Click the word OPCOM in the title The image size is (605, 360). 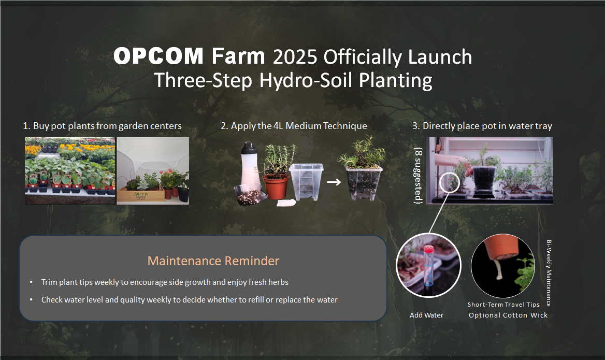coord(158,56)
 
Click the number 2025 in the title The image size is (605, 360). coord(295,57)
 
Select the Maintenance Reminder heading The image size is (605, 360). coord(213,261)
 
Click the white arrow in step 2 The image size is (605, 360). coord(334,182)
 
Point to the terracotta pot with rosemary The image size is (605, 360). coord(276,186)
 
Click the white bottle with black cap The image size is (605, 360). coord(250,166)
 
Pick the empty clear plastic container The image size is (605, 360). coord(306,181)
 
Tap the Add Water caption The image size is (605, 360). coord(426,315)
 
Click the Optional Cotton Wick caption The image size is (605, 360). coord(508,315)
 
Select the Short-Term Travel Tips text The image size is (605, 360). coord(503,305)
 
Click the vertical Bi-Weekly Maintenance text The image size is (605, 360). coord(549,273)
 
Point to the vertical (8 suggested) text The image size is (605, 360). coord(418,176)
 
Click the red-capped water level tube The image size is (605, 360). coord(428,266)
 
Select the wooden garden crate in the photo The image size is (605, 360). coord(140,194)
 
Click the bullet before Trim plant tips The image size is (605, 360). coord(31,282)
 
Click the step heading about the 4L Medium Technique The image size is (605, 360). coord(294,126)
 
